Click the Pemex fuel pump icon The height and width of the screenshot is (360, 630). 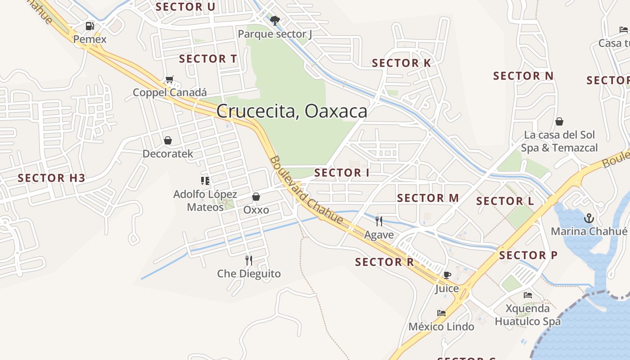[90, 26]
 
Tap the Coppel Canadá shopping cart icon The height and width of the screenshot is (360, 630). [169, 80]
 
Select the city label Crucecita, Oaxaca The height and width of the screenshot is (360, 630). [292, 111]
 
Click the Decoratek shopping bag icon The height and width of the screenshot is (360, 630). [168, 141]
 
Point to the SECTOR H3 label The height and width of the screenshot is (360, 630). [51, 178]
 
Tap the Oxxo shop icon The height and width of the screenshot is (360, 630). [256, 197]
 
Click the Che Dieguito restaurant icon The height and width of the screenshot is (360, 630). [248, 260]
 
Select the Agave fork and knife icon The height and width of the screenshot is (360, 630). [379, 221]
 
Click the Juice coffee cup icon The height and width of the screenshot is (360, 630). [447, 275]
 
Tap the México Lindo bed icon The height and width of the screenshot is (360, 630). [441, 313]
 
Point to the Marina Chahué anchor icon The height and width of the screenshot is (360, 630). [589, 219]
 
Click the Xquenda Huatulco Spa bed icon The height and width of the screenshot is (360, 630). [528, 295]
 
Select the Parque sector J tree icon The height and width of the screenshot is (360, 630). [275, 20]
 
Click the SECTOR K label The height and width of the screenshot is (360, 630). [401, 63]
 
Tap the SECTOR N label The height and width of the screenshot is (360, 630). [523, 76]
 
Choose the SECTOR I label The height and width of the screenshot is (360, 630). [342, 173]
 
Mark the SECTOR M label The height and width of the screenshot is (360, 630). [428, 198]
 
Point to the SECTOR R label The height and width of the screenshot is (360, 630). [384, 262]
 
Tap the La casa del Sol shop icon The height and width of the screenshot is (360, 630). [559, 121]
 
